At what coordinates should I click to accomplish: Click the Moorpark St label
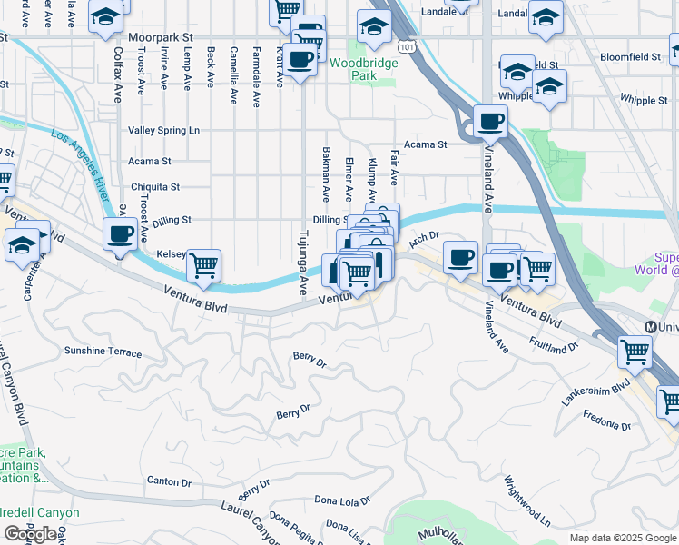(162, 38)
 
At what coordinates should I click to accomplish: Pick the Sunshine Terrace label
(103, 352)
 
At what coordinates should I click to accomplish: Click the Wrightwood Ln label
(527, 501)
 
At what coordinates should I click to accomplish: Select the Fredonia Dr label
(607, 424)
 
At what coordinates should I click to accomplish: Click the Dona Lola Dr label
(342, 500)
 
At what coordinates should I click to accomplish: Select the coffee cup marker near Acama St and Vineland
(491, 120)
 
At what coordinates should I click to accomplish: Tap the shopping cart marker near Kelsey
(205, 265)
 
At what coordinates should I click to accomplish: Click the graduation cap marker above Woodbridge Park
(373, 26)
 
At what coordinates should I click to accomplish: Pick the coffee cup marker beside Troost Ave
(120, 234)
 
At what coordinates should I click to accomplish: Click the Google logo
(30, 534)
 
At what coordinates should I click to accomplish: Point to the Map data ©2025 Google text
(622, 538)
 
